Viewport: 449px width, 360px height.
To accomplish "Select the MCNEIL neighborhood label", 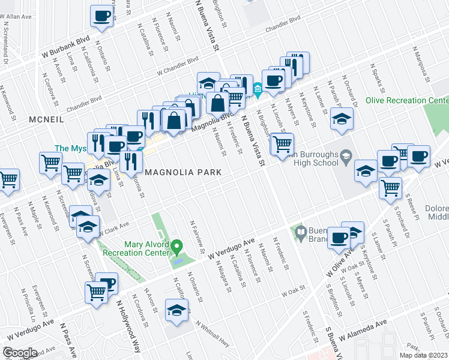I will pos(46,120).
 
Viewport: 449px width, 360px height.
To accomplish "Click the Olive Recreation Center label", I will pos(407,100).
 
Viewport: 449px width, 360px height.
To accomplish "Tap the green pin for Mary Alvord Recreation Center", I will pos(176,246).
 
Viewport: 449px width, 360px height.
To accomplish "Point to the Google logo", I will pos(19,353).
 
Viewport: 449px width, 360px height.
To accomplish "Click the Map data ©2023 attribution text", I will pos(423,355).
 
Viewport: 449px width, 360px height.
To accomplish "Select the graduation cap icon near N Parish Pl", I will pos(342,118).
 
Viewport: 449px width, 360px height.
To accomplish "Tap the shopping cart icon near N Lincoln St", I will pos(282,143).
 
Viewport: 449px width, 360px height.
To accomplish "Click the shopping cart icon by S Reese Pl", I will pos(391,188).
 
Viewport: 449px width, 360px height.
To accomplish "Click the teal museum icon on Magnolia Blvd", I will pos(258,90).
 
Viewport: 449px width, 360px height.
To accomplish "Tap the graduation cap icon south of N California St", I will pos(176,311).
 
